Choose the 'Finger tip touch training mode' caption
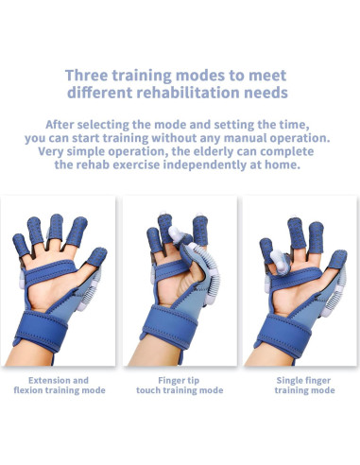click(179, 385)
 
